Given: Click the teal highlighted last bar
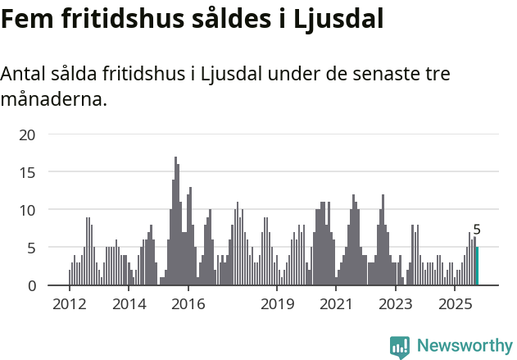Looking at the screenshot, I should coord(478,267).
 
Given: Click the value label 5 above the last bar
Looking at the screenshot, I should coord(477,230).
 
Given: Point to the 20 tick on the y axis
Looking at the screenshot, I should coord(27,134).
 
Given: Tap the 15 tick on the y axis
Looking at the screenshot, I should coord(27,172).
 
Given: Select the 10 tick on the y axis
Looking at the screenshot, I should coord(27,210).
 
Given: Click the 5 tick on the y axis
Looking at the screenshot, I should coord(31,248).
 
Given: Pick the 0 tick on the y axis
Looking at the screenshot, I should coord(31,285).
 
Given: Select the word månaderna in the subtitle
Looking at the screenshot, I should coord(53,100).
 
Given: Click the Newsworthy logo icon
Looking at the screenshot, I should coord(400,347).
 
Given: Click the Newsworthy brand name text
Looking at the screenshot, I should coord(464,346).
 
